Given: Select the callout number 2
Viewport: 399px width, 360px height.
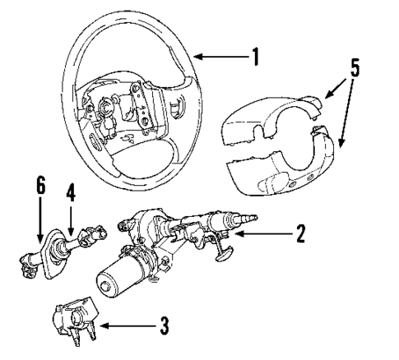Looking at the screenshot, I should coord(301,233).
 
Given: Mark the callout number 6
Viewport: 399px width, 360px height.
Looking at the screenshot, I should coord(38,187).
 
